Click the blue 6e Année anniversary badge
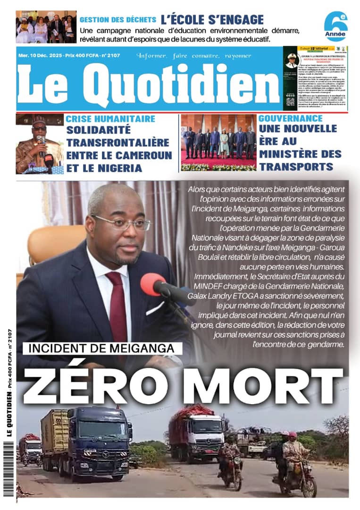coord(336,26)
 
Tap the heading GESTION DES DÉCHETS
coord(117,20)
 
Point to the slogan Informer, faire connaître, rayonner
coord(194,56)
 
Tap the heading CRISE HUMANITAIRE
coord(110,119)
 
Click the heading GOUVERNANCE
coord(291,118)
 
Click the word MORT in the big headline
coord(262,381)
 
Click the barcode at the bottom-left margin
coord(11,467)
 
